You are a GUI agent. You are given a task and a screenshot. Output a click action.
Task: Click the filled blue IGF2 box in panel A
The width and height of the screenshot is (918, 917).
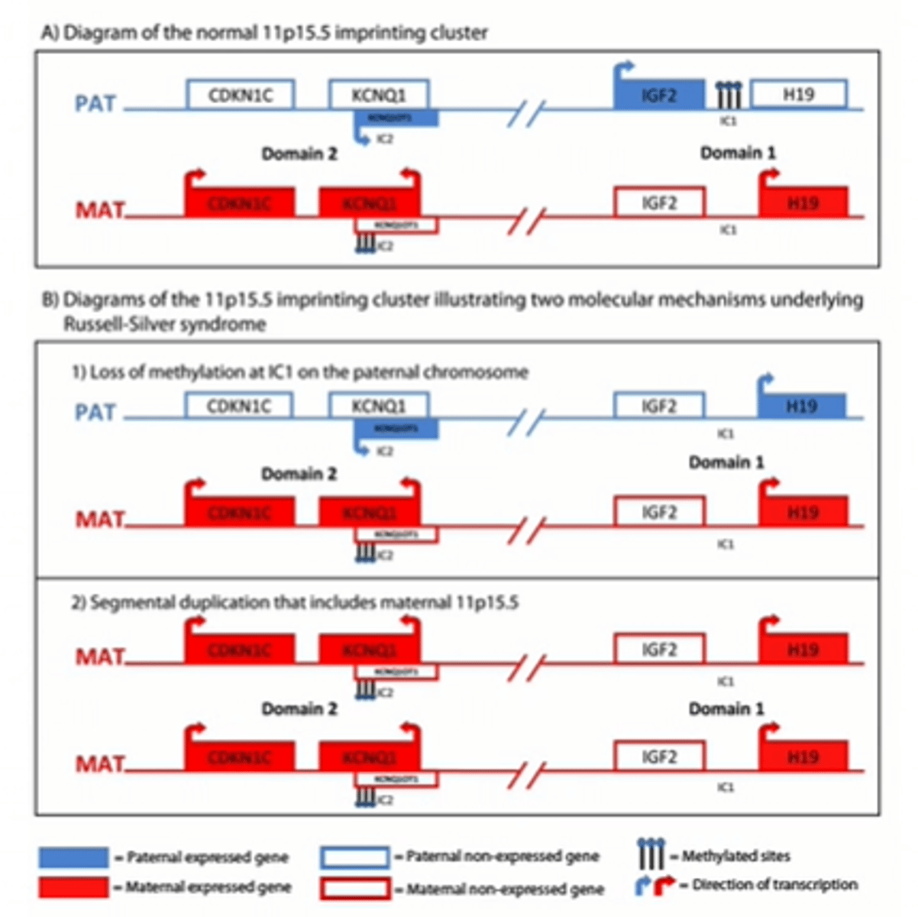659,95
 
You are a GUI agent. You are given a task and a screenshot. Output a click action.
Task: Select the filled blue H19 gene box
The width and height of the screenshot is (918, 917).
801,406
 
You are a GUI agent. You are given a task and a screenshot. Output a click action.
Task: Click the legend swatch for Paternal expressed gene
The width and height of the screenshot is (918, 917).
73,857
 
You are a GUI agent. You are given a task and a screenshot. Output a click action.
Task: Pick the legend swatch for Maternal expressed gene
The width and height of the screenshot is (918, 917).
73,887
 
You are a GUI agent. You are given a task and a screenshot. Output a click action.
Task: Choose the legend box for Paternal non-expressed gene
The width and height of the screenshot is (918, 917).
354,857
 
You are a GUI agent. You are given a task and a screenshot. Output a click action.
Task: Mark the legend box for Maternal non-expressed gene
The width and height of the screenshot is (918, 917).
354,889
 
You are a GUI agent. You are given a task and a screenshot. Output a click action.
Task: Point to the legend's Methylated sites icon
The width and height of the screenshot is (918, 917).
650,854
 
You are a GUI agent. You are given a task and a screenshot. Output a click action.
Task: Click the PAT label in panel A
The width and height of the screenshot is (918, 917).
95,104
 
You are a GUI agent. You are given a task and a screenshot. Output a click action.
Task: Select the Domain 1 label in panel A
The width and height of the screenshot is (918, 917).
738,153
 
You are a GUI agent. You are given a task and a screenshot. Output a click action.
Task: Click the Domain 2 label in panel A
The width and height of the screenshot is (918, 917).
299,154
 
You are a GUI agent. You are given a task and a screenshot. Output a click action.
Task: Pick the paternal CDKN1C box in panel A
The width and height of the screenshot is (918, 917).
240,95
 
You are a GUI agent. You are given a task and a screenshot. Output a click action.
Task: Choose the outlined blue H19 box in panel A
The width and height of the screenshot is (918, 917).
798,95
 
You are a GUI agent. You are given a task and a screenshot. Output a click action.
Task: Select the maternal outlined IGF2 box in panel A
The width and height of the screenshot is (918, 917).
659,203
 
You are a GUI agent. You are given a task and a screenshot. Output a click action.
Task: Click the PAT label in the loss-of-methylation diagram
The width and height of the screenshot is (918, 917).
95,413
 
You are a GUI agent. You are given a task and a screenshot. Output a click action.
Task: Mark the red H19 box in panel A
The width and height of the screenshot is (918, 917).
803,203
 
